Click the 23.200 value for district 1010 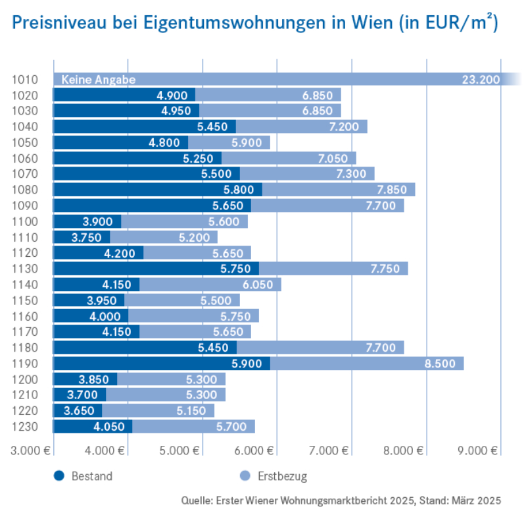tap(481, 80)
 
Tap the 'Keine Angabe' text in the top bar tap(98, 80)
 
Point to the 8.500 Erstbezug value tap(444, 364)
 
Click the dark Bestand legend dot tap(59, 475)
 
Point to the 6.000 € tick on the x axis tap(256, 451)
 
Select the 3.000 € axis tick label tap(30, 451)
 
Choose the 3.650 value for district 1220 tap(81, 411)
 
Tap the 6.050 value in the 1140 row tap(261, 284)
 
